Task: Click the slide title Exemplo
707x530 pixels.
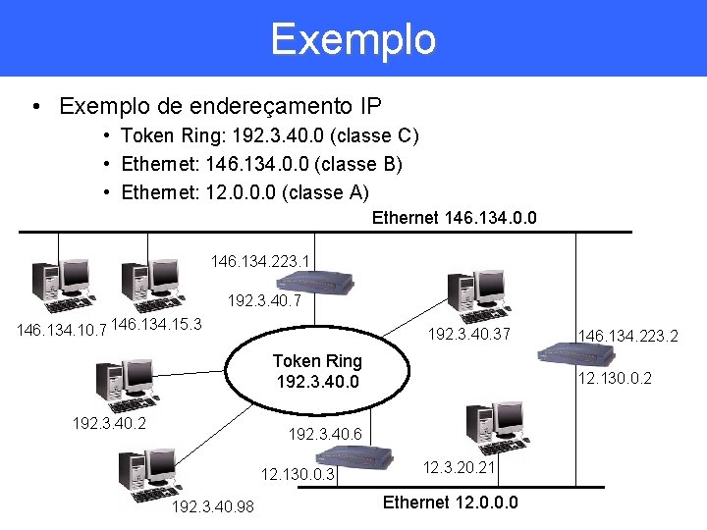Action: [353, 39]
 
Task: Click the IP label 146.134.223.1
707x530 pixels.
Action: [260, 261]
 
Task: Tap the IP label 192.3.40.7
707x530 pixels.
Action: [264, 300]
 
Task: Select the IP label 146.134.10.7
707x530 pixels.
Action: [61, 331]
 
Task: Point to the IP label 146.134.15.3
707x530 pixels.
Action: [157, 324]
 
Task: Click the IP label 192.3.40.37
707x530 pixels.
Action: [468, 334]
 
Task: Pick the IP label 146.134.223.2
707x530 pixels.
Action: [627, 337]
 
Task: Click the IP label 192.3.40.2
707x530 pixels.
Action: [109, 424]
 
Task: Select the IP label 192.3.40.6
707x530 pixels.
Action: [325, 434]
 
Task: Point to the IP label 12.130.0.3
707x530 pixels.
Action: [299, 474]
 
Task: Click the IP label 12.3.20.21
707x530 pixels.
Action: [459, 469]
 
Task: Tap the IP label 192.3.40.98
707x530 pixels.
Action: [212, 507]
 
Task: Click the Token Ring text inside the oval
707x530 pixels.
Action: [317, 371]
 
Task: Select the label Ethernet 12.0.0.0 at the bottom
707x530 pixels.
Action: [450, 503]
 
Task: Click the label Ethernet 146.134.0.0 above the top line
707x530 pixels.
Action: [454, 218]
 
